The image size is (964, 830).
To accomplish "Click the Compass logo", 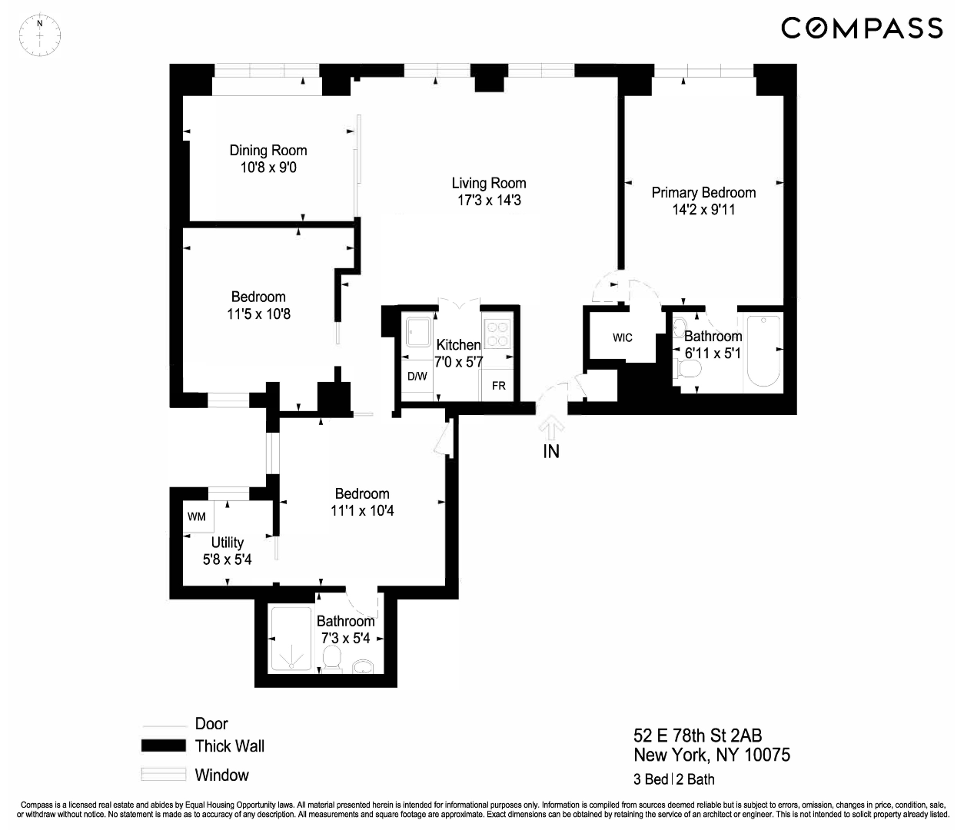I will tap(862, 28).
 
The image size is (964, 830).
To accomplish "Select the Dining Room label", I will tap(268, 151).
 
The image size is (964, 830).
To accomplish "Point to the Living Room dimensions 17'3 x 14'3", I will tap(488, 201).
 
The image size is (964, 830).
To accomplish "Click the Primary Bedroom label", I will tap(703, 193).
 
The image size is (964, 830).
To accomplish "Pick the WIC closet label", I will tap(623, 337).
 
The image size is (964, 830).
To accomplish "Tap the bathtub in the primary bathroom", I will tap(763, 351).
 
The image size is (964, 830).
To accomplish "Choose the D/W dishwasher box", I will tap(417, 377).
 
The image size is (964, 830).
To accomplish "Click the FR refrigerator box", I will tap(499, 385).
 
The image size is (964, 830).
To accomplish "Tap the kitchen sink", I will tap(419, 334).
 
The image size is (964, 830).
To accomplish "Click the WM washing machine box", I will tap(197, 516).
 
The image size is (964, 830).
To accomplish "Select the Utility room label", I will tap(227, 543).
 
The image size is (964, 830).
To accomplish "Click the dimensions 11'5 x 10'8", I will tap(258, 314).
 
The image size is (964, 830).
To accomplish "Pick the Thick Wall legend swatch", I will tap(164, 745).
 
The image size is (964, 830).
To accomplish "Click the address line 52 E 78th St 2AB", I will tap(697, 735).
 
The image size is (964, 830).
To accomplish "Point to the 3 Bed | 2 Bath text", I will tap(673, 779).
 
